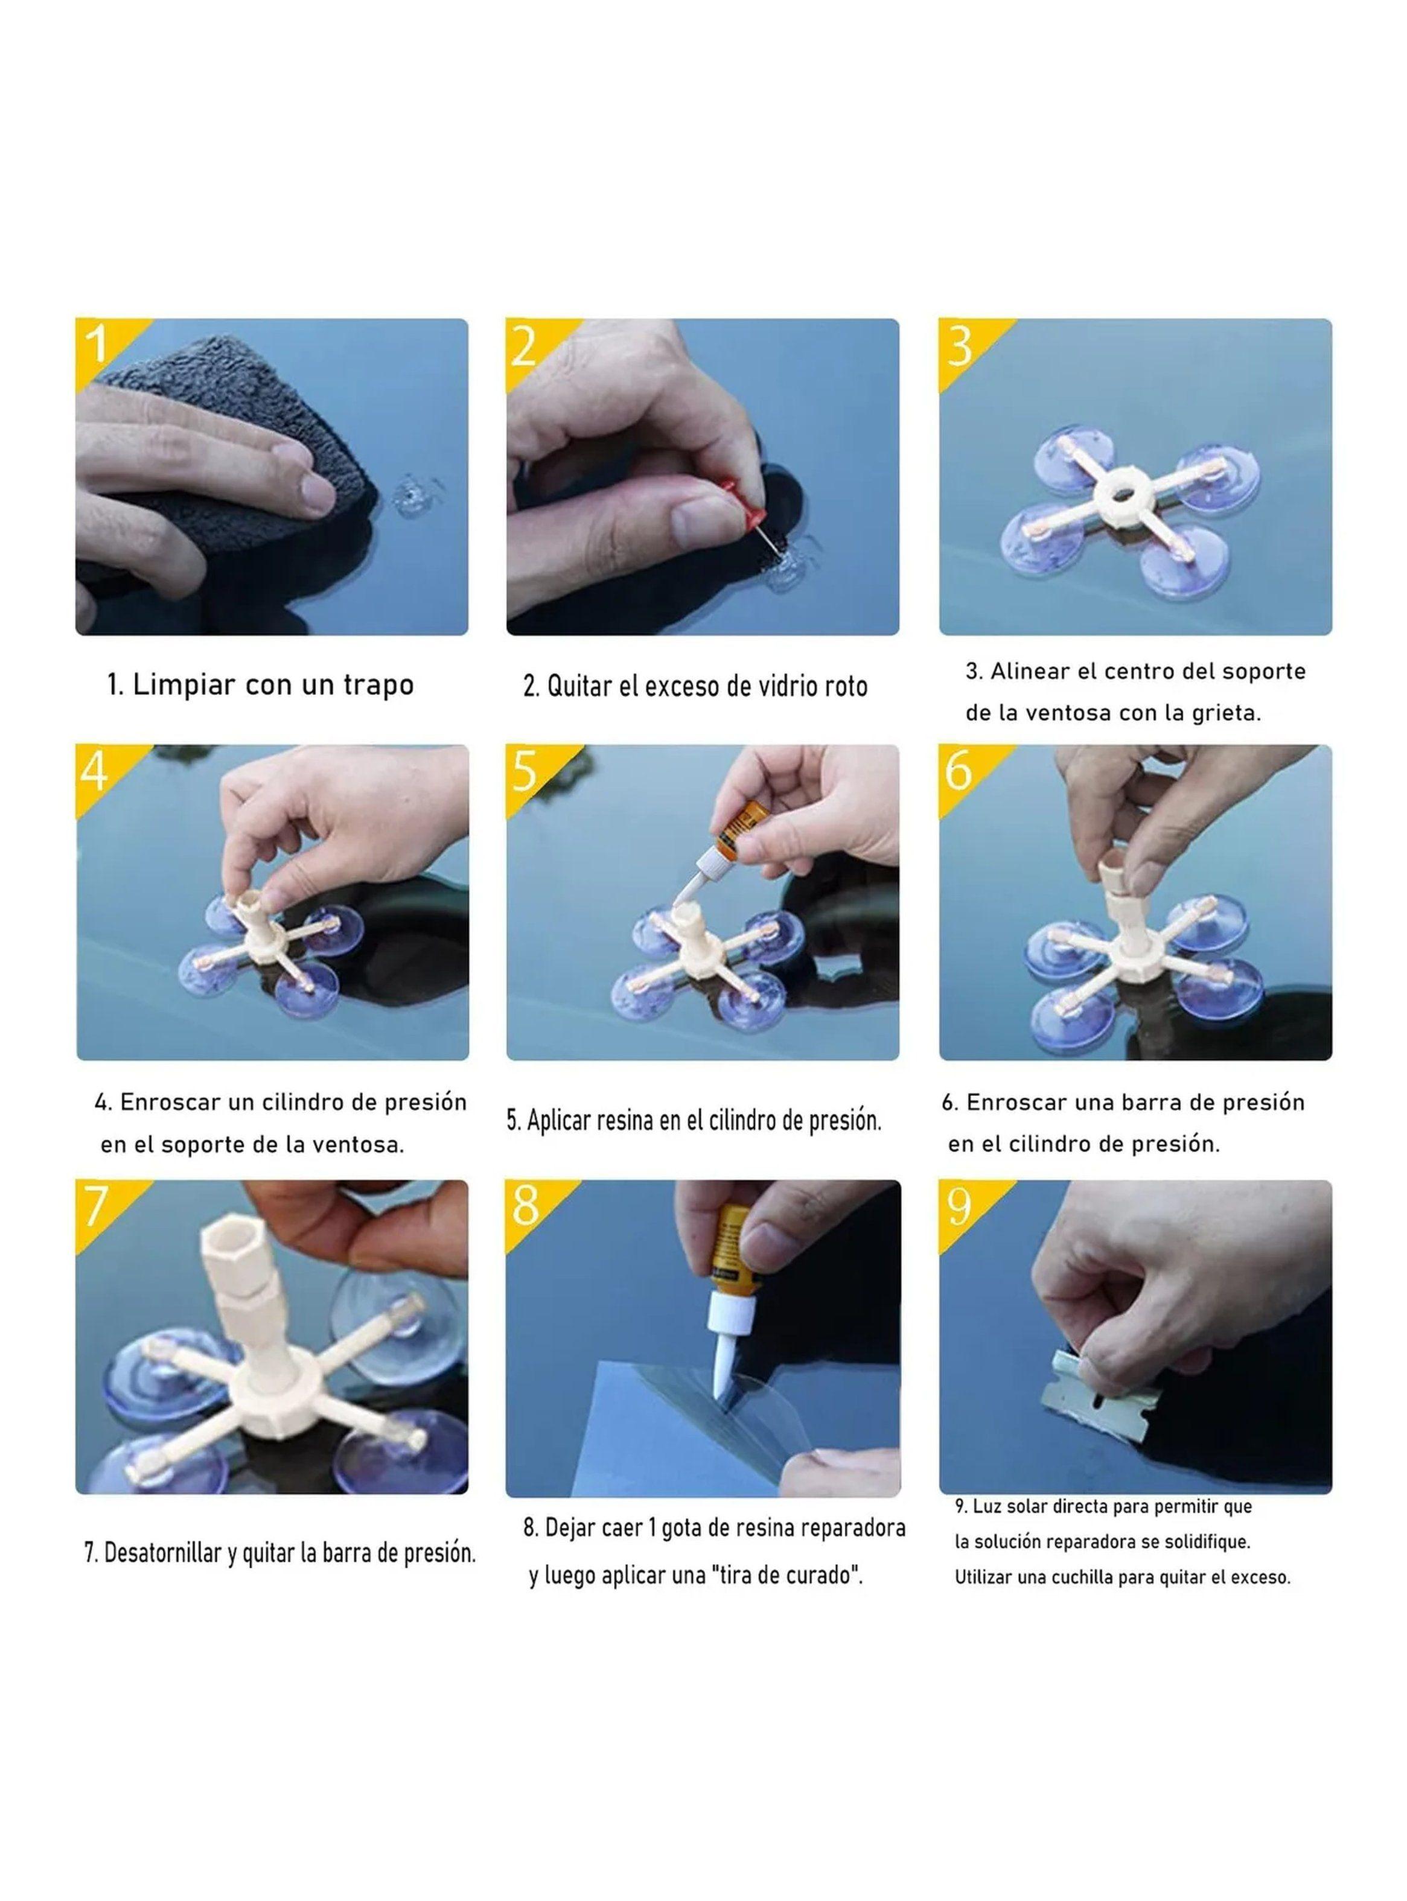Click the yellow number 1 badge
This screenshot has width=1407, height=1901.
pyautogui.click(x=98, y=345)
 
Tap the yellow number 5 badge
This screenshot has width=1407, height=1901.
pyautogui.click(x=526, y=771)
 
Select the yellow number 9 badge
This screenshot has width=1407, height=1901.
pyautogui.click(x=960, y=1206)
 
